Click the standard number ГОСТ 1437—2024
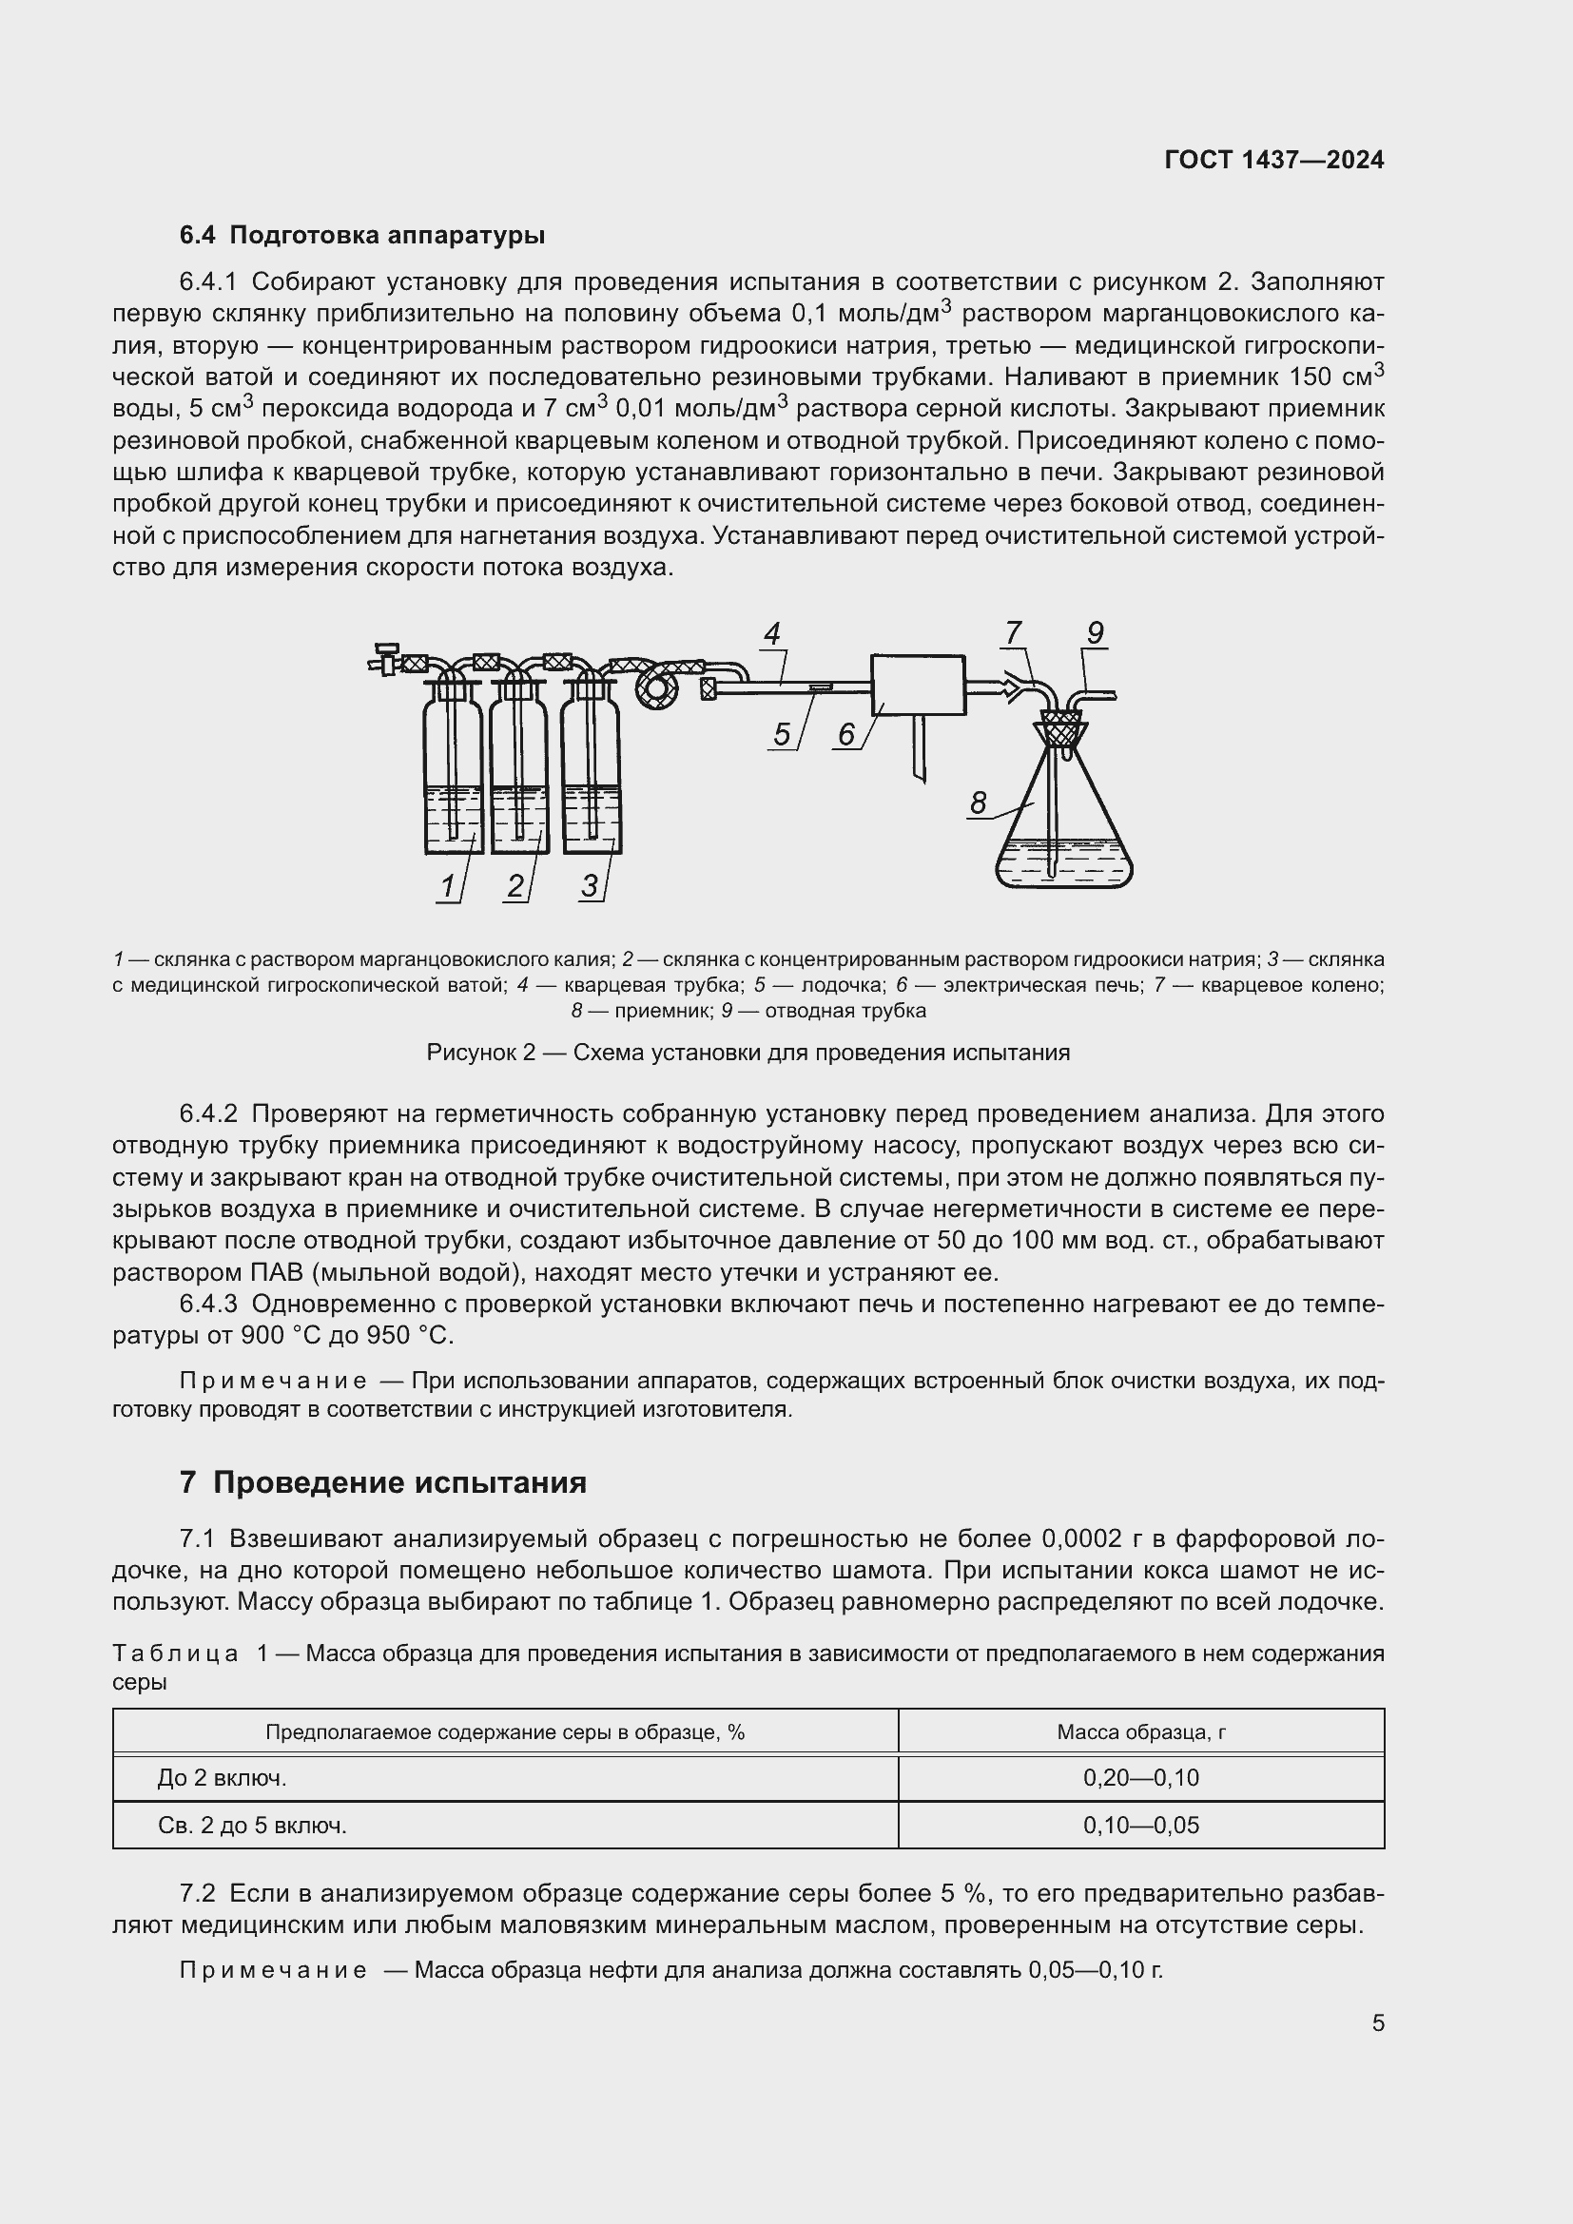pos(1273,161)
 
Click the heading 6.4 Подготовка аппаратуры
pos(362,236)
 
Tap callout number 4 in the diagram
pos(772,634)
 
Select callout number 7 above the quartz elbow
pos(1013,633)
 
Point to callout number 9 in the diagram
pos(1095,633)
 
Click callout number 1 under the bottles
pos(448,885)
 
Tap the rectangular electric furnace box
pos(919,685)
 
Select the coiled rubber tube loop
pos(662,688)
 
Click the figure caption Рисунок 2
pos(748,1053)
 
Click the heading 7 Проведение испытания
pos(382,1483)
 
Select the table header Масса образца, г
pos(1141,1731)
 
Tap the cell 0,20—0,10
pos(1141,1777)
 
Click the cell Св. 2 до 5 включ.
pos(252,1826)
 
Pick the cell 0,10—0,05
pos(1141,1826)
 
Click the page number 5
pos(1377,2023)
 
